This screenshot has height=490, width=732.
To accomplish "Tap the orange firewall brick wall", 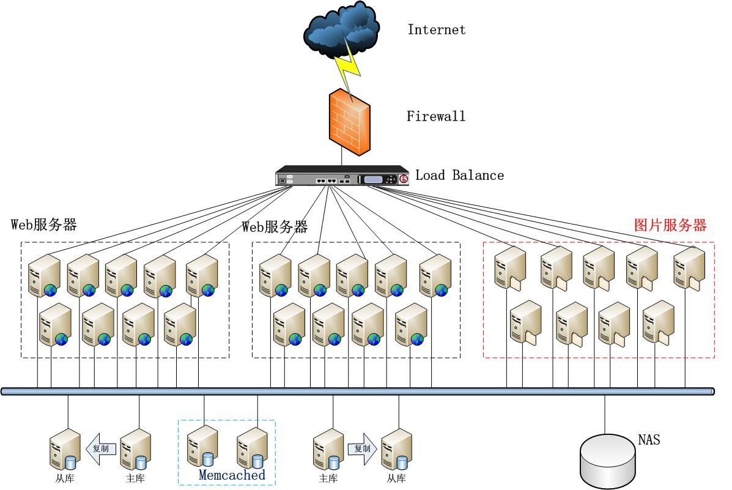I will point(349,122).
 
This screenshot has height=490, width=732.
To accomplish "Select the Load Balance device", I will point(342,176).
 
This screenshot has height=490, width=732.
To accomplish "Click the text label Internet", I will point(437,29).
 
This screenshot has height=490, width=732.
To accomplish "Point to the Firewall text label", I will point(436,116).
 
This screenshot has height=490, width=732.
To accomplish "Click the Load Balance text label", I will point(460,176).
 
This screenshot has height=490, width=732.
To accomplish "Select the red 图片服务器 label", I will point(670,225).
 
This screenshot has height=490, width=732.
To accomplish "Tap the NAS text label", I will point(649,440).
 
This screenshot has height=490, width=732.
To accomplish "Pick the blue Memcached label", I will point(232,475).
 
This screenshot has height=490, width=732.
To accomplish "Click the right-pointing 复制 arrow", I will point(362,448).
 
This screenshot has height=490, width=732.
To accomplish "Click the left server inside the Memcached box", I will point(202,447).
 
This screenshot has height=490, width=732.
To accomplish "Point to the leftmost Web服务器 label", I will point(44,225).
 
